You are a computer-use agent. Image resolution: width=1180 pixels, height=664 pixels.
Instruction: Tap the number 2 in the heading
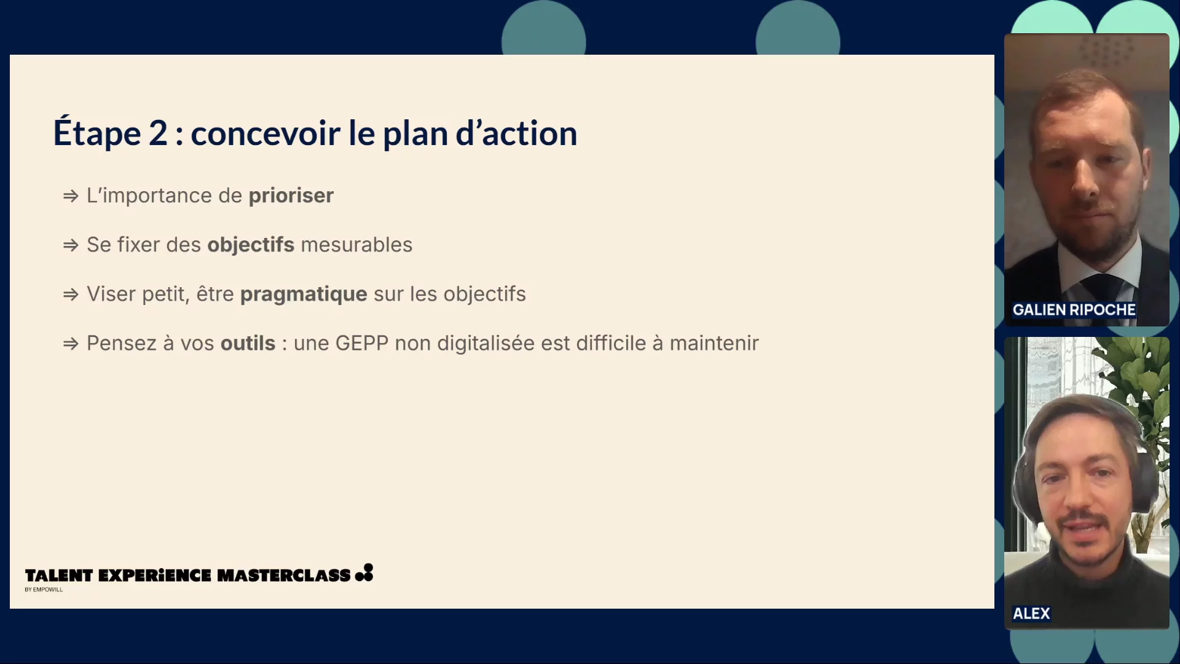pyautogui.click(x=158, y=133)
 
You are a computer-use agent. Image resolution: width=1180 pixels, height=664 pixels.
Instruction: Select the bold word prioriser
pyautogui.click(x=291, y=196)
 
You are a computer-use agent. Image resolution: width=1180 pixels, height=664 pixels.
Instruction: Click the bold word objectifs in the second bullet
pyautogui.click(x=251, y=245)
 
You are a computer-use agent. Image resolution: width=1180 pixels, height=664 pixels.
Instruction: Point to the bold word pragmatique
pyautogui.click(x=304, y=294)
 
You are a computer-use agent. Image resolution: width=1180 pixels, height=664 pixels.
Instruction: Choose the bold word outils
pyautogui.click(x=248, y=343)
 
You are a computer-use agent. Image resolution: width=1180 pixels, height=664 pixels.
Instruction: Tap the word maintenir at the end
pyautogui.click(x=714, y=343)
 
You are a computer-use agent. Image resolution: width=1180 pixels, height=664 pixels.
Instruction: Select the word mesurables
pyautogui.click(x=356, y=245)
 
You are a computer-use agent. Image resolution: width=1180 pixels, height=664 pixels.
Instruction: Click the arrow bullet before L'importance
pyautogui.click(x=71, y=196)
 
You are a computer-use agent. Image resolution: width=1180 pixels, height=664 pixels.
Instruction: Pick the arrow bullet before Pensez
pyautogui.click(x=71, y=344)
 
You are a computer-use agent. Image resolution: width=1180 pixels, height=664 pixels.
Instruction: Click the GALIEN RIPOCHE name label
pyautogui.click(x=1074, y=310)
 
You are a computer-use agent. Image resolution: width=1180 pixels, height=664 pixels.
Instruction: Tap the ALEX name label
pyautogui.click(x=1031, y=614)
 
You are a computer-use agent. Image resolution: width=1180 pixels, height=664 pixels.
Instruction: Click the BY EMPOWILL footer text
pyautogui.click(x=44, y=590)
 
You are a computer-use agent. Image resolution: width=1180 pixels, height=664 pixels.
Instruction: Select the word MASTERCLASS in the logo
pyautogui.click(x=284, y=575)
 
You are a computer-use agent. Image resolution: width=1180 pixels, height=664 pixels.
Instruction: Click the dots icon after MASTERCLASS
pyautogui.click(x=364, y=572)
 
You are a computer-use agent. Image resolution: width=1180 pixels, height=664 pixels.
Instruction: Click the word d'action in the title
pyautogui.click(x=516, y=133)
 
